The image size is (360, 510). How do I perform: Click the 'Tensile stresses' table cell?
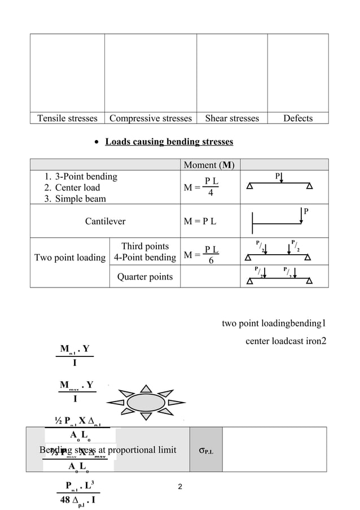(67, 118)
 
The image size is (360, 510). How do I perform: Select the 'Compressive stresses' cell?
(151, 118)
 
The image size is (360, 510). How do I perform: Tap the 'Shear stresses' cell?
(232, 118)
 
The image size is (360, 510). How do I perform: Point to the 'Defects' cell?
(297, 118)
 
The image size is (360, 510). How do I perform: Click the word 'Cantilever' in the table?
(105, 221)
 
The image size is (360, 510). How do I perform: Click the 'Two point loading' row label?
(70, 258)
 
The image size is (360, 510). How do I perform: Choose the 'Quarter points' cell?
(145, 276)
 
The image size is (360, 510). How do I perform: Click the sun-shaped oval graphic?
(146, 403)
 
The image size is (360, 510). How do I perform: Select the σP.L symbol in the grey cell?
(206, 450)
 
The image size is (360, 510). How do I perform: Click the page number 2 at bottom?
(180, 487)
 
